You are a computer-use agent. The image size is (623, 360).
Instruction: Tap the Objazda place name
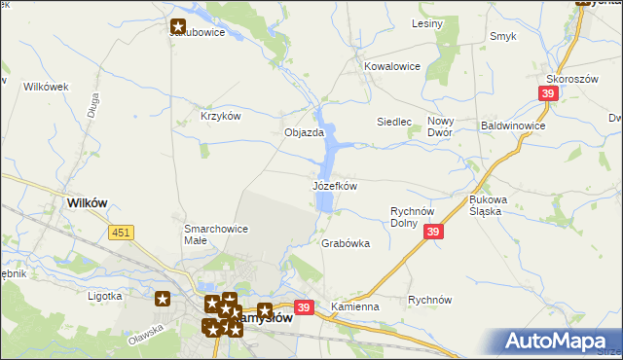click(x=303, y=132)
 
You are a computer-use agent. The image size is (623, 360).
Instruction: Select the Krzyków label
click(x=220, y=115)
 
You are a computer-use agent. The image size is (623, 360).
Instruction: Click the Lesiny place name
click(x=427, y=22)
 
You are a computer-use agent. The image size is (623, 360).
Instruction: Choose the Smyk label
click(x=502, y=36)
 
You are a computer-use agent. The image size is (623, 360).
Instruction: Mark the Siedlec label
click(x=394, y=122)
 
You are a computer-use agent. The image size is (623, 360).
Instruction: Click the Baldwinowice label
click(x=513, y=126)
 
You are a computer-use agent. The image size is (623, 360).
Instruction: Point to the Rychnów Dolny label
click(x=418, y=216)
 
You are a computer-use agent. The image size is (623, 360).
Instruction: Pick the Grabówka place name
click(x=346, y=243)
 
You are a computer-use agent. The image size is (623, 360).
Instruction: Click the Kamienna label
click(x=354, y=306)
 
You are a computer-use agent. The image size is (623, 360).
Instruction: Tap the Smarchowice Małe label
click(x=216, y=234)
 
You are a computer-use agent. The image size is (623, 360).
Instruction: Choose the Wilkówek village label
click(x=47, y=87)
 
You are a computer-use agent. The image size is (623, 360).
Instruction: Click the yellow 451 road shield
click(x=121, y=232)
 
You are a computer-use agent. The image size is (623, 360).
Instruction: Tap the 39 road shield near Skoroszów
click(x=548, y=92)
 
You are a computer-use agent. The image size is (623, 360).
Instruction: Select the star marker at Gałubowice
click(x=179, y=28)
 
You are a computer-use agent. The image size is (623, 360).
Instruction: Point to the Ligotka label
click(x=104, y=296)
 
